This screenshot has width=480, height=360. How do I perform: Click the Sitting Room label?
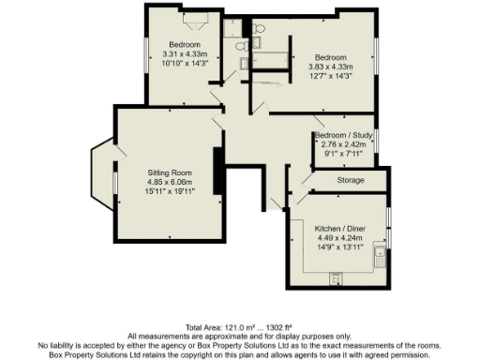click(x=169, y=173)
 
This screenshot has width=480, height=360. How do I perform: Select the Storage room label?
click(x=350, y=180)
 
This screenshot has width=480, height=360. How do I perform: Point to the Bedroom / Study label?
click(x=344, y=136)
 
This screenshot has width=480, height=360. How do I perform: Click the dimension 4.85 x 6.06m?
click(x=169, y=183)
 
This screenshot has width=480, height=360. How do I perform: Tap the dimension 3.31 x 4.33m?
click(x=185, y=55)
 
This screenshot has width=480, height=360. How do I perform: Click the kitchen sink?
click(x=382, y=256)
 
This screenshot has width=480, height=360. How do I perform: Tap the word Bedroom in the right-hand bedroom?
click(x=330, y=57)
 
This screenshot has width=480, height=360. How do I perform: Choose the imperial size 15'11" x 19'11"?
click(x=169, y=192)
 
